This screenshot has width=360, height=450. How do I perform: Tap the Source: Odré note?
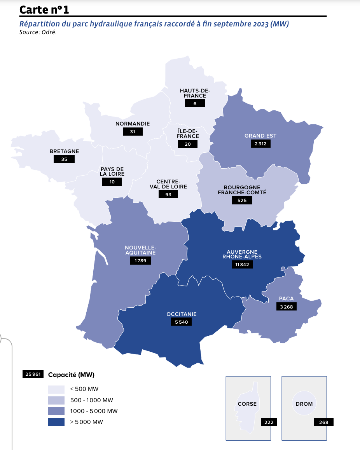tap(38, 32)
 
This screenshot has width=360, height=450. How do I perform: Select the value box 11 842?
tap(243, 265)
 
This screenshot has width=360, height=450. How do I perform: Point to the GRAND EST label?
tap(260, 136)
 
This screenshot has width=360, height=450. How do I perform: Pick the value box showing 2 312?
tap(260, 144)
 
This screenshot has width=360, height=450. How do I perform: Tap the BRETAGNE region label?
tap(65, 151)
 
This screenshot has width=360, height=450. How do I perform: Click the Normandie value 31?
tap(133, 132)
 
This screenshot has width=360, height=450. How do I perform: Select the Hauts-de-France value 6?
tap(195, 103)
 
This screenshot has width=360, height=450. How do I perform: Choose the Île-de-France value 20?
tap(188, 144)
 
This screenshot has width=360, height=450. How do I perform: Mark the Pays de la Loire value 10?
tap(112, 182)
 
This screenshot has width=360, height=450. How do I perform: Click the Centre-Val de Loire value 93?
tap(168, 194)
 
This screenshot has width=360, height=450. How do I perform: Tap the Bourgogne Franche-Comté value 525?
tap(242, 201)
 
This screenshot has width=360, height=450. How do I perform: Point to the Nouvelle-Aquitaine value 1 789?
tap(140, 260)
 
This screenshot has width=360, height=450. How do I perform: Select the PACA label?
tap(286, 299)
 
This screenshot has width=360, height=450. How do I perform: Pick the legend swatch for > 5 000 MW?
tap(56, 422)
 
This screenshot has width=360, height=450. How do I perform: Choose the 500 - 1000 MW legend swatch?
tap(56, 400)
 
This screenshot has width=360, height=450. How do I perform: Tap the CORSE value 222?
tap(269, 422)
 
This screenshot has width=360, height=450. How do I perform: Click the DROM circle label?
tap(304, 404)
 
